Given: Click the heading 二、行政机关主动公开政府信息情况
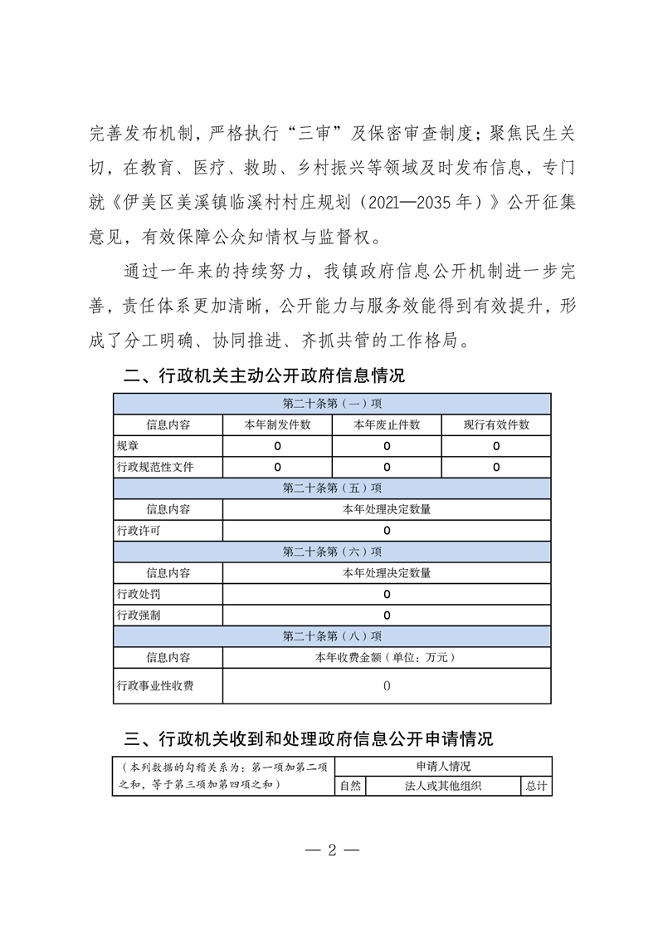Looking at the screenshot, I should click(264, 376).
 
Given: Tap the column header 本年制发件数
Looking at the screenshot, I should click(277, 424).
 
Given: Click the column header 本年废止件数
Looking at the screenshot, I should click(387, 424).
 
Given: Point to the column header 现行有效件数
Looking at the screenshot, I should click(496, 424).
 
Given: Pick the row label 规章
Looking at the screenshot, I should click(129, 446).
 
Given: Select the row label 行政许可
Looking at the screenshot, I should click(139, 530).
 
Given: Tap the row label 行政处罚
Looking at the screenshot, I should click(139, 594).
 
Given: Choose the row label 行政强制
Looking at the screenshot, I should click(139, 616).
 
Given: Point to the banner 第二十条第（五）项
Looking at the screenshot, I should click(332, 488).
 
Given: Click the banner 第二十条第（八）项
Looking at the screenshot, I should click(332, 636).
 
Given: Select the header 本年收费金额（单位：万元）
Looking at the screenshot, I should click(387, 657).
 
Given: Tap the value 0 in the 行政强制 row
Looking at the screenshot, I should click(387, 616).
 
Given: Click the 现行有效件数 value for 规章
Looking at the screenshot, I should click(496, 446).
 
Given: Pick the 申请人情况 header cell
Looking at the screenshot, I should click(443, 767).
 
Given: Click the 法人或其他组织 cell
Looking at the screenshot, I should click(443, 786).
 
